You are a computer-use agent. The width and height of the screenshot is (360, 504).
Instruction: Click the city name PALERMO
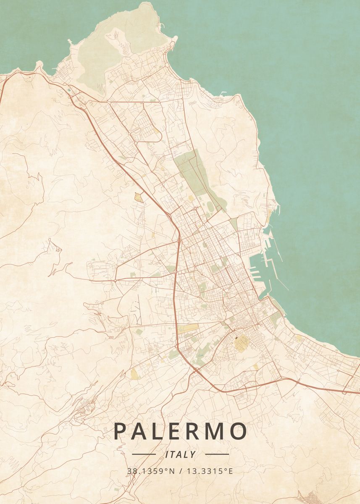click(x=180, y=431)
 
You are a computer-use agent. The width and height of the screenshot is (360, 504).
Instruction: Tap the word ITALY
click(x=181, y=454)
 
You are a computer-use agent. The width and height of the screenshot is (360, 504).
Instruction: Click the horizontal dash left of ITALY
click(x=144, y=454)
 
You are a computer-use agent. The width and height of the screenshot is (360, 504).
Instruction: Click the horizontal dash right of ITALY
click(x=217, y=454)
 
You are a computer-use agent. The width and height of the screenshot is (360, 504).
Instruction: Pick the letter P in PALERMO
click(x=120, y=431)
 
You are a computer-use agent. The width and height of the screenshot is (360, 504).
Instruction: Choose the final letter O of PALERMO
click(x=238, y=431)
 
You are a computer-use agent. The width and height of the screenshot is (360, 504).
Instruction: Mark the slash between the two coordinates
click(x=180, y=471)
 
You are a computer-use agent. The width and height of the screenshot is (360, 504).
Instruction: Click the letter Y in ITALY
click(x=193, y=454)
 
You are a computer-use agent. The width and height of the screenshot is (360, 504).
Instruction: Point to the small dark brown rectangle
click(x=236, y=337)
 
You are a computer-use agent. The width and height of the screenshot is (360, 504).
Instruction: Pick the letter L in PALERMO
click(x=155, y=431)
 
